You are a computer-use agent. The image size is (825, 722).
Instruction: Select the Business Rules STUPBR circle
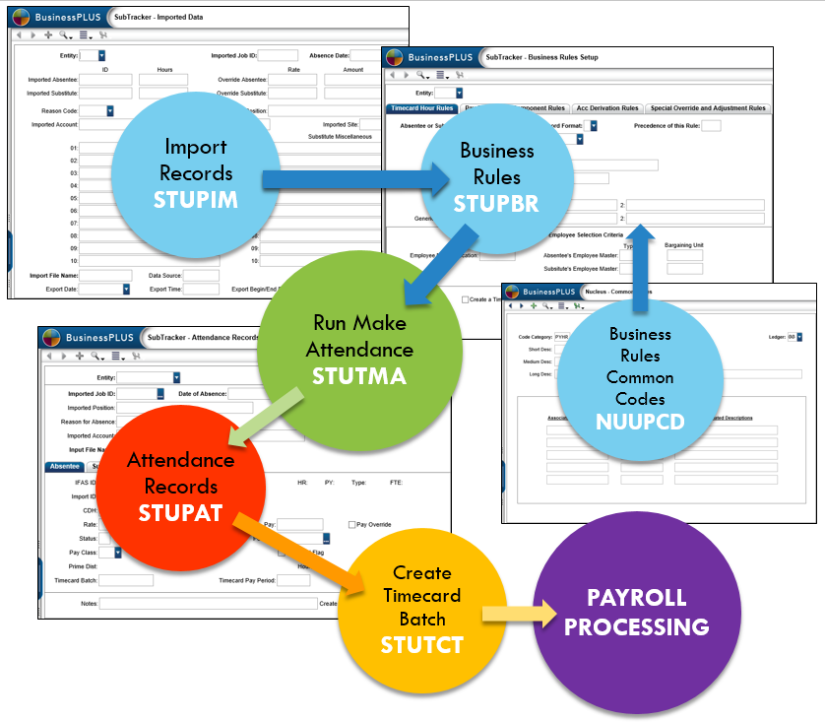pos(497,177)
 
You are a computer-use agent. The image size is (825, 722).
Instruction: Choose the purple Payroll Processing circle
pos(636,612)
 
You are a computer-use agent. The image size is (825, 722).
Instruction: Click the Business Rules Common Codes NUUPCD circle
pos(640,378)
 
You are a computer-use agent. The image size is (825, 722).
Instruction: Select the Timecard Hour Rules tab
pos(421,108)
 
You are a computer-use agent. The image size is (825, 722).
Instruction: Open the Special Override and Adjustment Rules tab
pos(708,108)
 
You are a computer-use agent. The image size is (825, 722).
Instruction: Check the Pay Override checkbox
pos(352,525)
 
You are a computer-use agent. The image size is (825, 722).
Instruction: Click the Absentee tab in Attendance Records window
pos(65,467)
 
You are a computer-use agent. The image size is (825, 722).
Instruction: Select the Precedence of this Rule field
pos(711,125)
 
